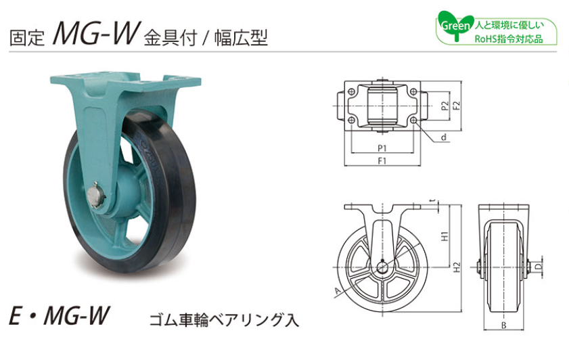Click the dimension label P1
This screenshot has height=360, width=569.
point(382,148)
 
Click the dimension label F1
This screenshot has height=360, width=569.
point(382,161)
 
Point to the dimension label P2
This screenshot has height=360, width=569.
point(445,106)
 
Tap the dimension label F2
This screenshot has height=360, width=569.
point(457,106)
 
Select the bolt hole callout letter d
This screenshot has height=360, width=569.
point(443,137)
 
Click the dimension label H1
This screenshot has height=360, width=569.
point(445,236)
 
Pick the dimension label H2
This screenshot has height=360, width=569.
point(457,267)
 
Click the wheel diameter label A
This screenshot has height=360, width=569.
point(337,291)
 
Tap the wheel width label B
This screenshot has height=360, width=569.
point(503,325)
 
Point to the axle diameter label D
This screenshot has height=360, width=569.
point(539,267)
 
